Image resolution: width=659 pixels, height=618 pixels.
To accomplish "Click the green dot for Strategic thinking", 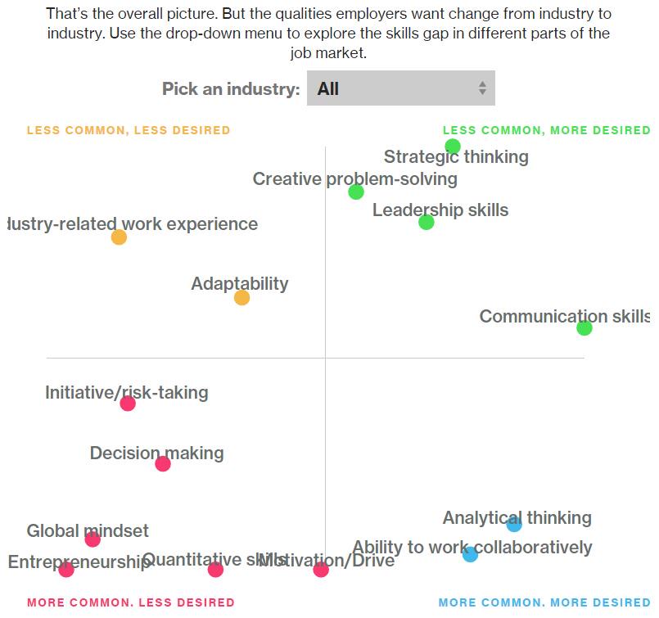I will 453,147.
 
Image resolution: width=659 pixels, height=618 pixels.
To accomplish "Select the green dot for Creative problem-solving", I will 355,192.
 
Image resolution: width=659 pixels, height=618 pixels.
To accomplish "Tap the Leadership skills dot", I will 426,222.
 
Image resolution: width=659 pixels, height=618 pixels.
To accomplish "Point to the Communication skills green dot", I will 584,328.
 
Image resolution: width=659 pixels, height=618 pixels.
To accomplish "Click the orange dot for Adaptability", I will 241,298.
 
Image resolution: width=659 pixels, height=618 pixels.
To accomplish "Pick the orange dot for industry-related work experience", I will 119,237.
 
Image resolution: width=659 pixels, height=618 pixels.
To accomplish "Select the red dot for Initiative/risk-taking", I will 128,403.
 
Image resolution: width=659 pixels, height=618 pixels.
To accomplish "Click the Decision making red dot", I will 163,464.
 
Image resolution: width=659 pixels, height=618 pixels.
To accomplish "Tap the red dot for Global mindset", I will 93,539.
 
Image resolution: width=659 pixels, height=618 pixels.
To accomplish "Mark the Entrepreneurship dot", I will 66,570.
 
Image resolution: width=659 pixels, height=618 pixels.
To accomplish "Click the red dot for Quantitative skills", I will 215,570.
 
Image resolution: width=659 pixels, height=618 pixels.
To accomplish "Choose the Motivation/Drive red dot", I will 321,570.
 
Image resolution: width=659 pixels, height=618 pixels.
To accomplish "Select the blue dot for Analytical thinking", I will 514,525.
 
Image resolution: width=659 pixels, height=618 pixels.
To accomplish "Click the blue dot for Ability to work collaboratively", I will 470,555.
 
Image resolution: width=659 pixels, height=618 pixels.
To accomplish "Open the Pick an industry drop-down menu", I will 400,88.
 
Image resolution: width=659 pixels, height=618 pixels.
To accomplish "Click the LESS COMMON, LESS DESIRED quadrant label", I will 129,130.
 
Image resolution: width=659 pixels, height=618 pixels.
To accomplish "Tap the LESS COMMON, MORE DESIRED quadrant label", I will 545,130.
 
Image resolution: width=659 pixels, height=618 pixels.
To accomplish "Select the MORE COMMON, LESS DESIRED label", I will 131,603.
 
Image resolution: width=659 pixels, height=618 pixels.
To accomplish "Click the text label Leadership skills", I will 440,210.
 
